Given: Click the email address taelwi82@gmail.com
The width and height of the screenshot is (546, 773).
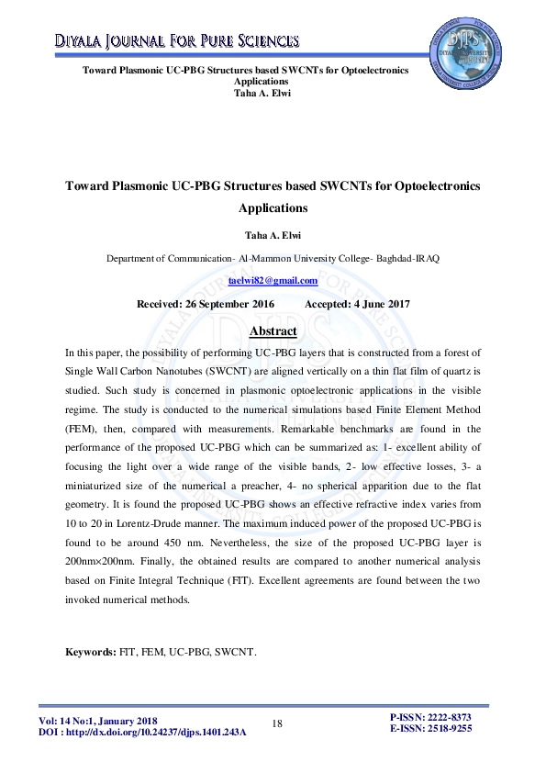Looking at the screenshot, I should pos(273,281).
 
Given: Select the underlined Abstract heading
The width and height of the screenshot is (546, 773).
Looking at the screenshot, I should pos(273,330).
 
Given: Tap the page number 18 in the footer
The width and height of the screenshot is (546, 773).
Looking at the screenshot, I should pos(277,724).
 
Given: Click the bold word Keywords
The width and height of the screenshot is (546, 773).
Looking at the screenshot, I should pos(89,652).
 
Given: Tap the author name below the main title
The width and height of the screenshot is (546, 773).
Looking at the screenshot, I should pos(273,235).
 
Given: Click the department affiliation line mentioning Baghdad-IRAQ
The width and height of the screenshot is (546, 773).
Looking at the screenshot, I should pos(273,258).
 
